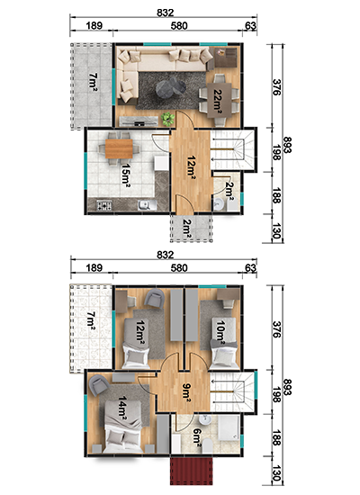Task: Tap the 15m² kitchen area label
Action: [126, 174]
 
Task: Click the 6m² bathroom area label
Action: [197, 440]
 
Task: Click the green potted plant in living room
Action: [167, 119]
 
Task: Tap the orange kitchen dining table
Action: [119, 148]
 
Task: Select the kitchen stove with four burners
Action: [104, 205]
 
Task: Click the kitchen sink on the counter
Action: [147, 205]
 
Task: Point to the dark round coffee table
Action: [170, 87]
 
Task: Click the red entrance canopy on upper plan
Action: [191, 470]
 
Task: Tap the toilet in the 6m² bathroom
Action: [207, 446]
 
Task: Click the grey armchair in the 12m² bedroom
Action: [154, 297]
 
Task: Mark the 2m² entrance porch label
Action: [187, 228]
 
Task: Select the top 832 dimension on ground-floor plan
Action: [166, 13]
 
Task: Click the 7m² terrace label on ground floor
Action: [93, 82]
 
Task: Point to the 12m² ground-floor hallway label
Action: [191, 166]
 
